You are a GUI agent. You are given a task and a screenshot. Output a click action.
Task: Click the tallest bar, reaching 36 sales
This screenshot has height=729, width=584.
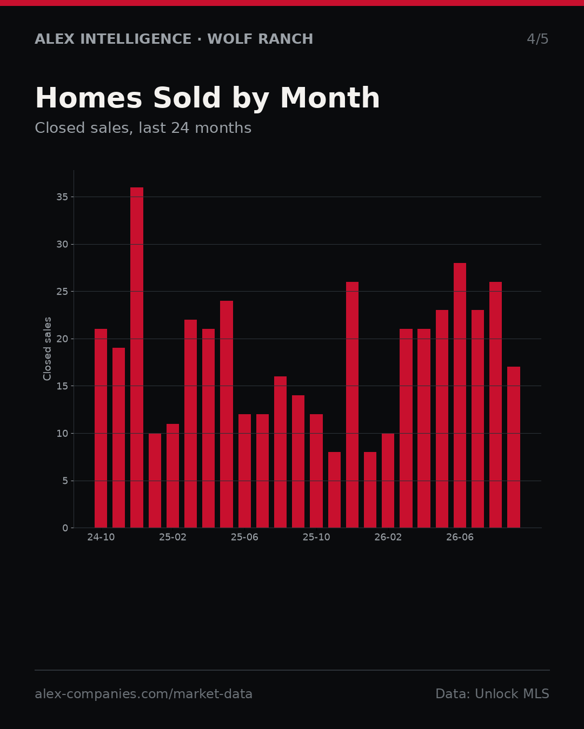137,357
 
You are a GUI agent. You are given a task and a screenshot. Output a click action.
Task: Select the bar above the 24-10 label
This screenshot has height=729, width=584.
101,428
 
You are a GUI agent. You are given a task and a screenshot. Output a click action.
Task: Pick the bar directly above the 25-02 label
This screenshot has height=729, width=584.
172,476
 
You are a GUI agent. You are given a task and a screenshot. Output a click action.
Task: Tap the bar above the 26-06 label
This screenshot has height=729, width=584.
460,395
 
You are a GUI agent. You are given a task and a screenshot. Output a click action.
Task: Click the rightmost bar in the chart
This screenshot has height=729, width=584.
514,447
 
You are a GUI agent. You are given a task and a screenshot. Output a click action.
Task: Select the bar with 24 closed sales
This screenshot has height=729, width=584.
227,414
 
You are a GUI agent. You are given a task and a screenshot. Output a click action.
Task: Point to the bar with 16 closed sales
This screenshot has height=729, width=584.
280,452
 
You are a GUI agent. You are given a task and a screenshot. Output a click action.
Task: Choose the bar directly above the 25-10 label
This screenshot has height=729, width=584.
316,471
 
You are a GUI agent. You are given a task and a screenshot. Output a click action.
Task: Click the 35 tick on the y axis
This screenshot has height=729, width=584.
62,197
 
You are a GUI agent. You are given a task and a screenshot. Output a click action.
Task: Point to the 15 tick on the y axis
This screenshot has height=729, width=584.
62,386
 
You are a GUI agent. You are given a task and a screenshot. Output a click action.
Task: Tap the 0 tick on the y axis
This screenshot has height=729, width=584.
65,528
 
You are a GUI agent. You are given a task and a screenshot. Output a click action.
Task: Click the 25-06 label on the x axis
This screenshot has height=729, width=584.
244,537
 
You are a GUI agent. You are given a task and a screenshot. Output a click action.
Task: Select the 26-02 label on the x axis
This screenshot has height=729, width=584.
388,537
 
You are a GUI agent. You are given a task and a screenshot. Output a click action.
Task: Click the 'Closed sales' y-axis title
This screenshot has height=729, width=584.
47,349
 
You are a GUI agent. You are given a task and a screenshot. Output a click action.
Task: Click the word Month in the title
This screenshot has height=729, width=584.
330,98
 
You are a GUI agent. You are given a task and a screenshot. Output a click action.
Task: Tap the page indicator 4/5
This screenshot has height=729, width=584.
538,39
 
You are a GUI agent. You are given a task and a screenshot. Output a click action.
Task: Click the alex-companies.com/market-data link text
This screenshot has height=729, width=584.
144,694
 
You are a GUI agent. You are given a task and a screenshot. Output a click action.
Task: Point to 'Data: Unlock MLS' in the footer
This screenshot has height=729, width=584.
493,694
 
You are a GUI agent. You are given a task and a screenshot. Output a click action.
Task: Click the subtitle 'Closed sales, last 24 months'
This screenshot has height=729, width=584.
143,128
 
